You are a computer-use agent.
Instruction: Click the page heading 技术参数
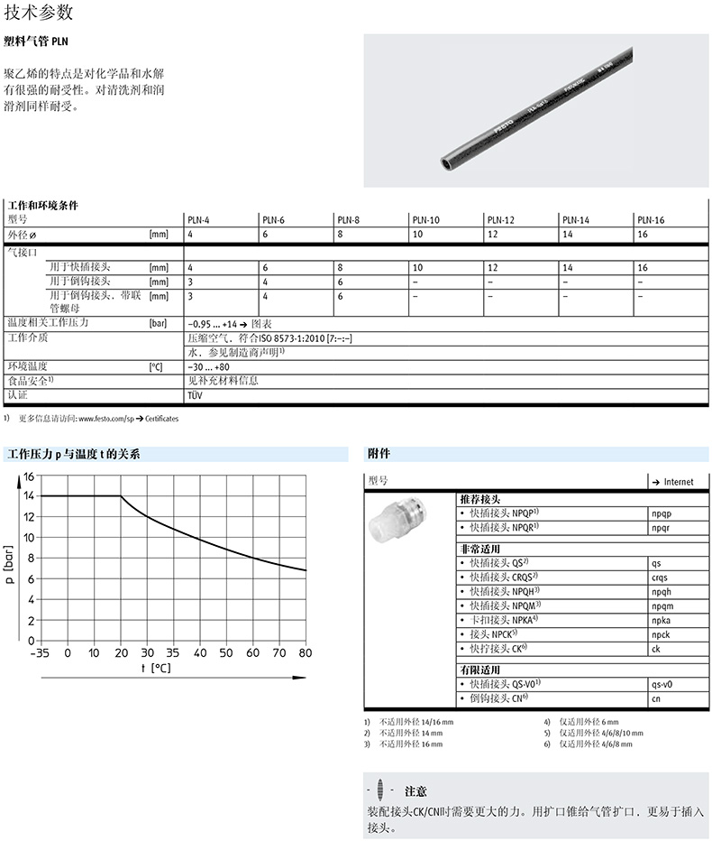39,13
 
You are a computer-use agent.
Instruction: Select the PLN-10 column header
425,220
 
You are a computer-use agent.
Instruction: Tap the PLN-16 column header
650,220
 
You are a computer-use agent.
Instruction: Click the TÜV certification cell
195,395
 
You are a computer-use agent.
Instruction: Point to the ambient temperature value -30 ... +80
208,367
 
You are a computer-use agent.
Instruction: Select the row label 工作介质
27,337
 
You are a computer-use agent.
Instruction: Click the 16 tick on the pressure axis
28,476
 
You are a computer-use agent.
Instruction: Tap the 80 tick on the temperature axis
305,653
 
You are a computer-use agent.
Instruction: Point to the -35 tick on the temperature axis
41,653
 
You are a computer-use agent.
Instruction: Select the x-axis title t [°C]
155,669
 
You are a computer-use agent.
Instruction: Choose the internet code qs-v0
662,684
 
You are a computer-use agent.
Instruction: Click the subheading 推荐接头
480,499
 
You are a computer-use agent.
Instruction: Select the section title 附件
379,454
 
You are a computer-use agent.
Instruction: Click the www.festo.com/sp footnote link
107,420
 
